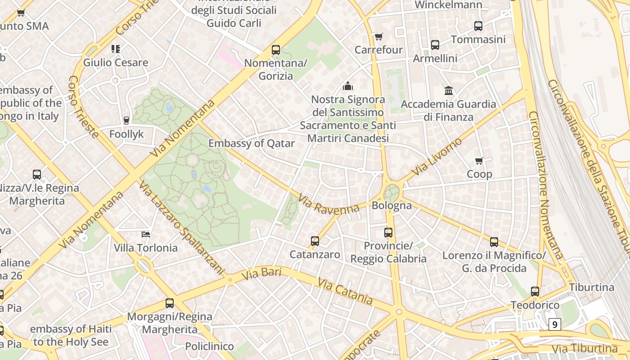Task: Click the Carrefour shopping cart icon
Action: [x=378, y=36]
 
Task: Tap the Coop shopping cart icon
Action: [x=479, y=161]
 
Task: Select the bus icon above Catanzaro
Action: [x=315, y=241]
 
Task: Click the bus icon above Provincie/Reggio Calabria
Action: [x=388, y=233]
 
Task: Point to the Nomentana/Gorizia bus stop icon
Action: [x=275, y=50]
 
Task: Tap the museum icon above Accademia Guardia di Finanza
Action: [x=448, y=91]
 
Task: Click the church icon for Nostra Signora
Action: [x=348, y=85]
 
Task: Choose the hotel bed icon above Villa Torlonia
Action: [x=145, y=234]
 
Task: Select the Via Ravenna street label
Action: [x=328, y=204]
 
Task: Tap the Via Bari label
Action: [x=261, y=273]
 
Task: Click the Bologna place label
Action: [x=391, y=206]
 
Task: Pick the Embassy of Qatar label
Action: [x=251, y=144]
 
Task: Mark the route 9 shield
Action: [x=555, y=324]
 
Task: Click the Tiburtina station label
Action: [x=591, y=287]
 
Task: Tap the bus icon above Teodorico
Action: [x=535, y=292]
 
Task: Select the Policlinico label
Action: [x=209, y=346]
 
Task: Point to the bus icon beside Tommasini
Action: [x=478, y=26]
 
